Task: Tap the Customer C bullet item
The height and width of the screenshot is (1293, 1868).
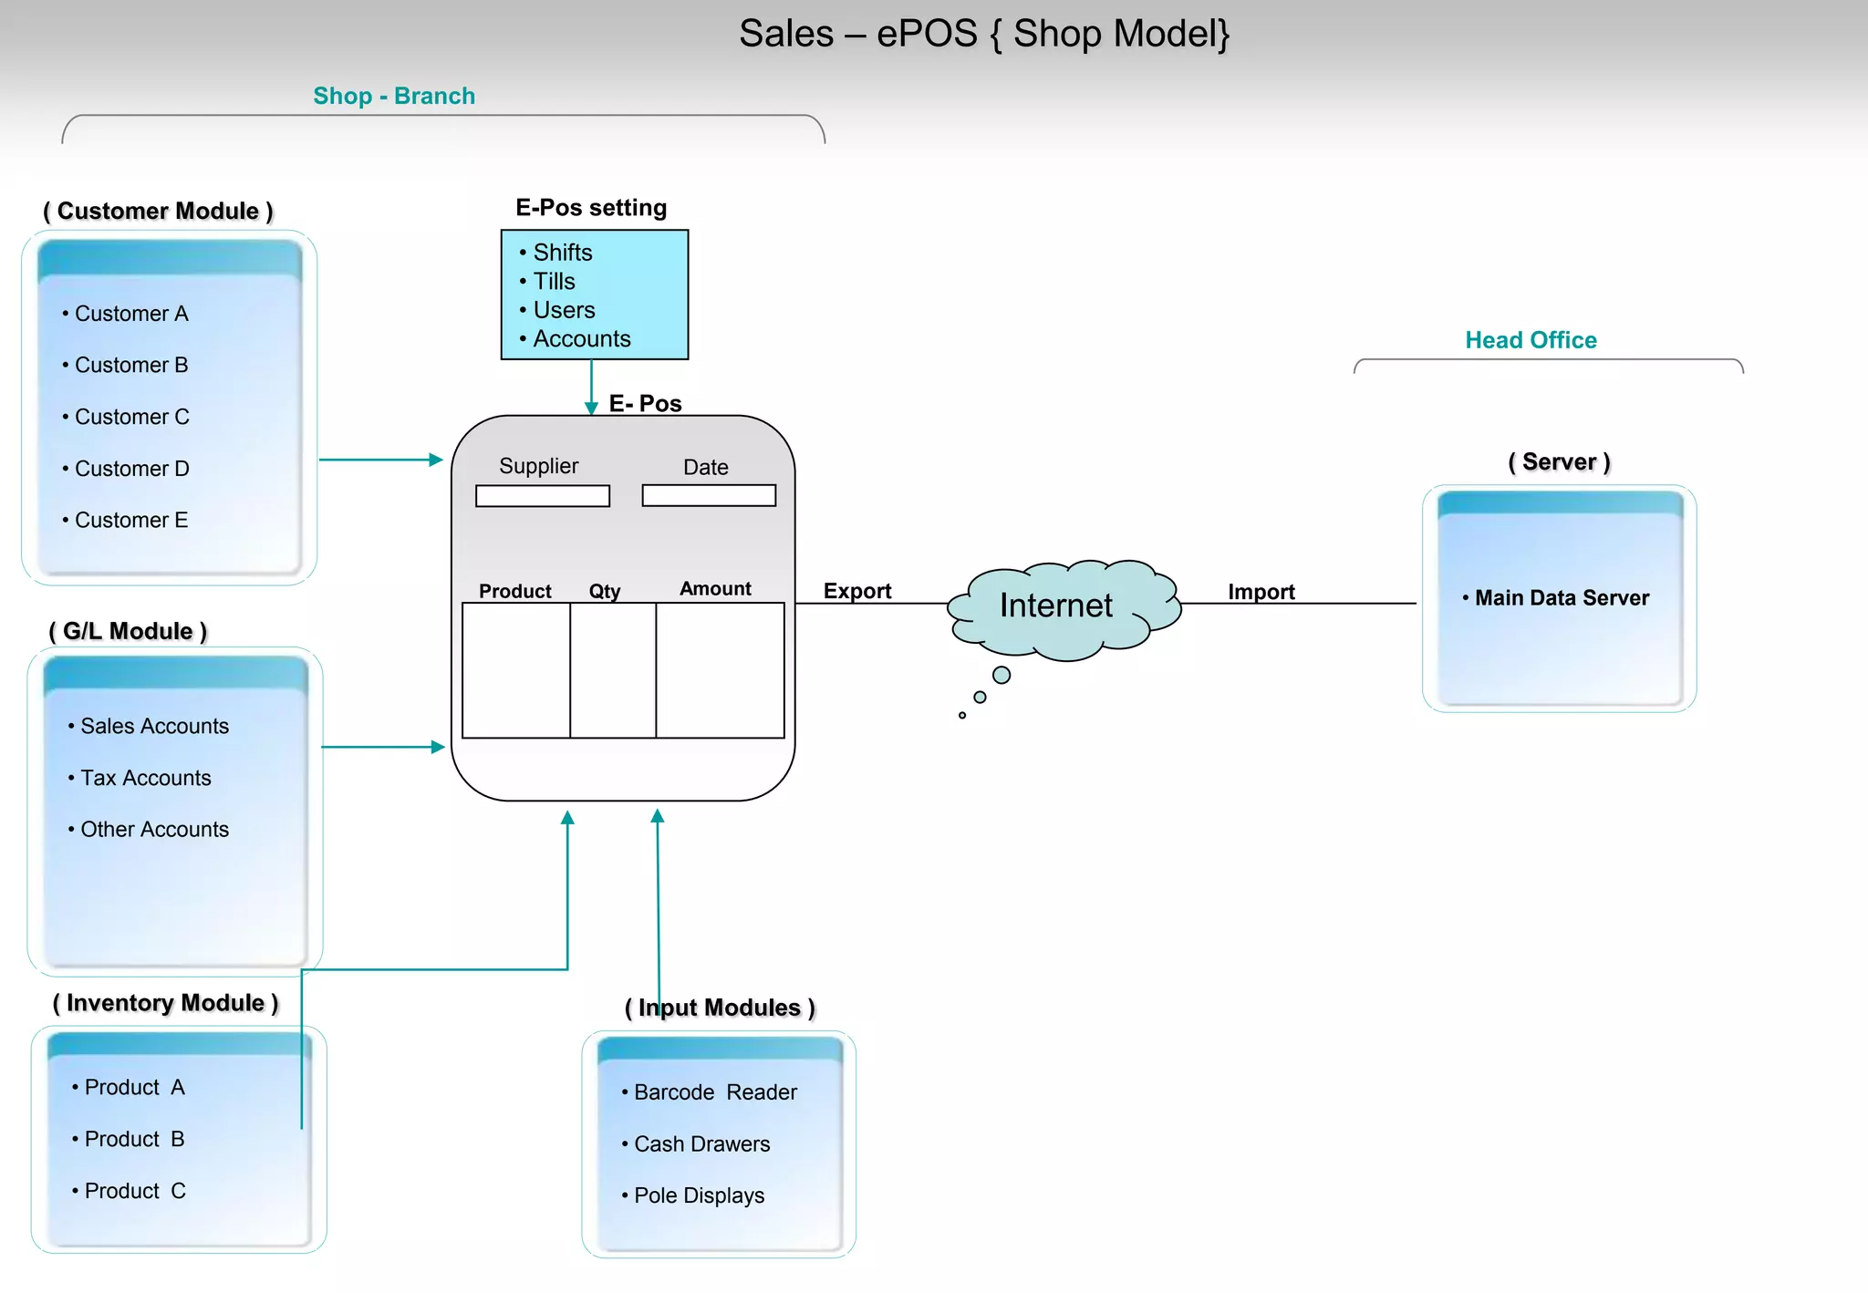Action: tap(131, 417)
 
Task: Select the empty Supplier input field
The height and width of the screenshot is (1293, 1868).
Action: tap(543, 496)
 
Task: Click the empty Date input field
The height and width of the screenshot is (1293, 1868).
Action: tap(709, 495)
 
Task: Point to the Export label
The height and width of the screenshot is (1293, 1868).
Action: tap(856, 591)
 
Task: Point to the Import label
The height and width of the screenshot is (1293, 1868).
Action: tap(1261, 592)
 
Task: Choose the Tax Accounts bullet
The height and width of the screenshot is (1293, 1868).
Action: tap(145, 778)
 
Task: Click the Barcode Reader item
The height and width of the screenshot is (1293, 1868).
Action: tap(715, 1092)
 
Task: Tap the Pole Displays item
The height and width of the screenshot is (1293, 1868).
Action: tap(699, 1195)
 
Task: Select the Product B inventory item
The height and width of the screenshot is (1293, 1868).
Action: tap(134, 1139)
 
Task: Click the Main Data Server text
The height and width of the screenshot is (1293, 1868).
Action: tap(1562, 598)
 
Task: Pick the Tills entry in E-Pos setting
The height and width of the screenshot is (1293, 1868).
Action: tap(554, 282)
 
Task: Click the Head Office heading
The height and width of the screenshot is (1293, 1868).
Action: tap(1531, 340)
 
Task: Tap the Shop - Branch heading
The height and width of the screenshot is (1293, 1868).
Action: tap(394, 96)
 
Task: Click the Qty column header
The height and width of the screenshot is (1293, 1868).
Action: tap(604, 591)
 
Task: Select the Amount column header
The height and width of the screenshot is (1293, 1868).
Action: tap(715, 589)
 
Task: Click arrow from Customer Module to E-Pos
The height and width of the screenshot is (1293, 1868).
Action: tap(381, 460)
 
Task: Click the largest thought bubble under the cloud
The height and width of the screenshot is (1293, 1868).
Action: tap(1001, 675)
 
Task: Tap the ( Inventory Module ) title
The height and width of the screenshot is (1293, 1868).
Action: tap(165, 1003)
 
